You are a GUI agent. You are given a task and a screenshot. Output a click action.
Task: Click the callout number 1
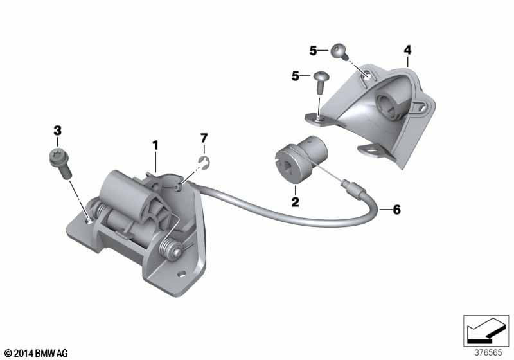(155, 145)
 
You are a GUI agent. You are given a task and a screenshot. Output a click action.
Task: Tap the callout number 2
(296, 202)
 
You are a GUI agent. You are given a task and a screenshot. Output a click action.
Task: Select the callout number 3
(57, 130)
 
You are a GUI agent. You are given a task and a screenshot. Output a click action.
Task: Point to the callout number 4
(407, 50)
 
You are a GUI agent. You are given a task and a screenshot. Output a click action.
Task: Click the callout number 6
(396, 209)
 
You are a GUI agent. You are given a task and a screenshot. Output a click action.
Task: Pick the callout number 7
(204, 138)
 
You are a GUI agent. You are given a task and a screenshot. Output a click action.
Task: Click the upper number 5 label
(313, 51)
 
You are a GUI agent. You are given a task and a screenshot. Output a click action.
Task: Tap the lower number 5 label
(296, 76)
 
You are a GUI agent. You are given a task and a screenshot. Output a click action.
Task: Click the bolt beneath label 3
(61, 163)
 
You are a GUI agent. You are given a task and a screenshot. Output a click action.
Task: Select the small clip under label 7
(205, 163)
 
